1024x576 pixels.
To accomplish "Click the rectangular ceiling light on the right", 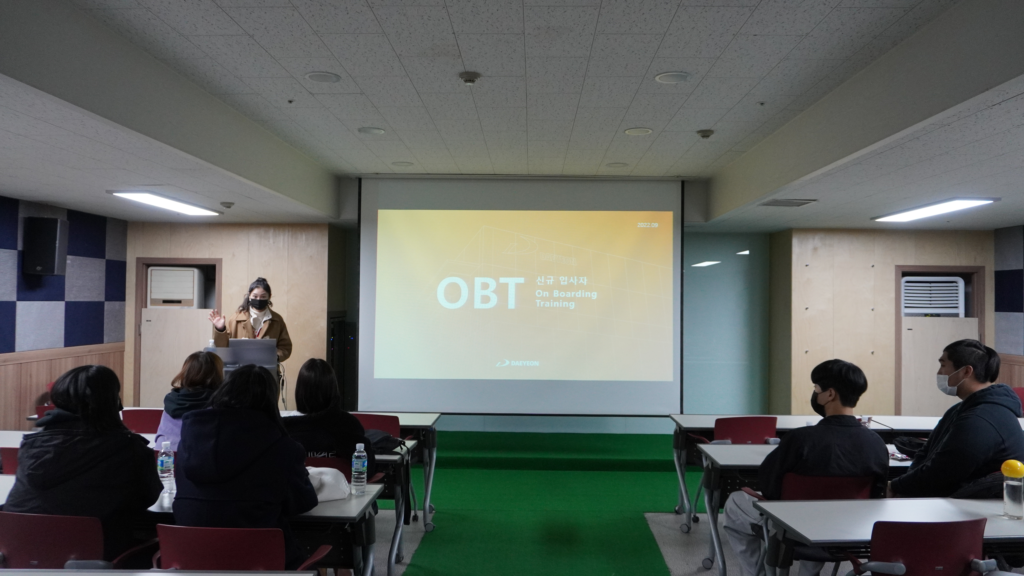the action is click(x=937, y=209).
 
